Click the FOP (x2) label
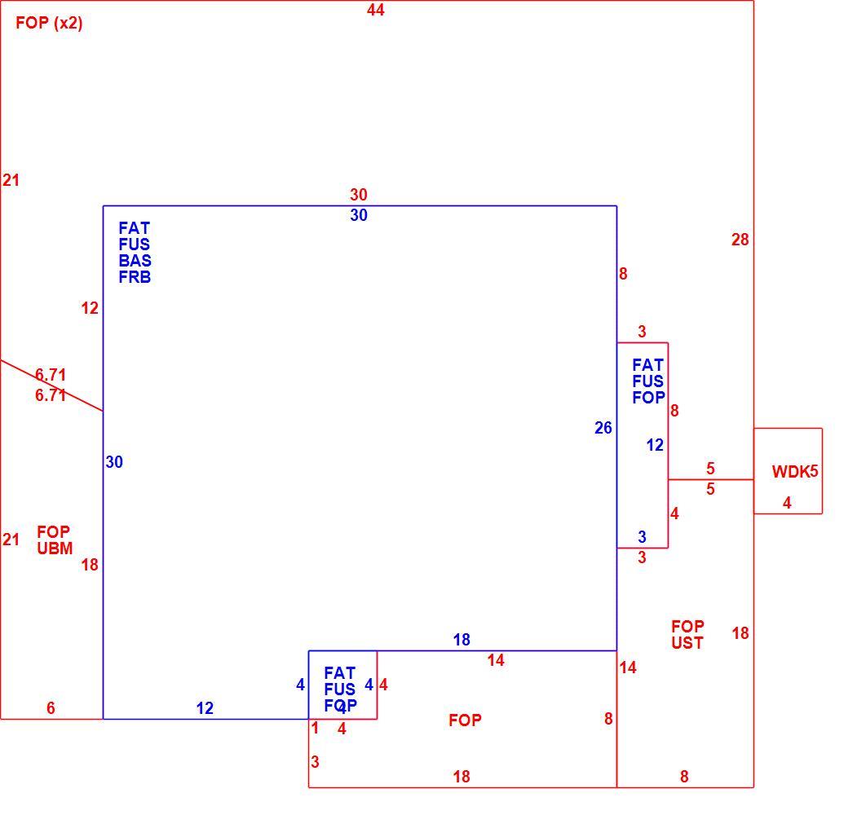click(49, 24)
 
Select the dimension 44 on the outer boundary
click(375, 10)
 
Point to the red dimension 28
click(740, 240)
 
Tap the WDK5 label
click(794, 472)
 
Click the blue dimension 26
click(603, 428)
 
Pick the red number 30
click(359, 195)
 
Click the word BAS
click(135, 261)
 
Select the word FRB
click(135, 277)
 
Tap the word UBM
click(55, 548)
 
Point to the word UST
click(687, 643)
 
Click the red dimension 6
click(51, 708)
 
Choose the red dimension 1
click(315, 729)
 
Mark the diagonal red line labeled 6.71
click(51, 385)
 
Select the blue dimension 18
click(462, 640)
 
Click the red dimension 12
click(90, 308)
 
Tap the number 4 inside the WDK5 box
click(787, 503)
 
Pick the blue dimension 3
click(642, 536)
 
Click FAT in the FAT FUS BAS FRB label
click(134, 228)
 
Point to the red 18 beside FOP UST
click(740, 633)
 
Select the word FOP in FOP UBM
click(54, 532)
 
